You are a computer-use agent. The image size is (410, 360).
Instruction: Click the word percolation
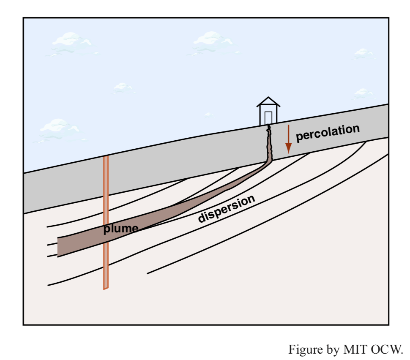click(328, 133)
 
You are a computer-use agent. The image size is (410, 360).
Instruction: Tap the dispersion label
click(227, 209)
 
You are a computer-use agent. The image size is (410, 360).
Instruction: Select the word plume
click(121, 229)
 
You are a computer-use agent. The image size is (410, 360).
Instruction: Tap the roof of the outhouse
click(268, 102)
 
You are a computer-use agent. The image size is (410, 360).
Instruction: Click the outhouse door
click(268, 118)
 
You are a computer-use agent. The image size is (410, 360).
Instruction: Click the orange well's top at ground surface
click(106, 157)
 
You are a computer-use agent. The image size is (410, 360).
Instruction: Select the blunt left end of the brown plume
click(58, 247)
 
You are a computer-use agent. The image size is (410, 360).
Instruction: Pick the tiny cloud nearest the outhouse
click(208, 115)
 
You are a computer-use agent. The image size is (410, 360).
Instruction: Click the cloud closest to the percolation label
click(364, 93)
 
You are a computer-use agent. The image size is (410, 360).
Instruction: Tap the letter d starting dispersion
click(201, 218)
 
